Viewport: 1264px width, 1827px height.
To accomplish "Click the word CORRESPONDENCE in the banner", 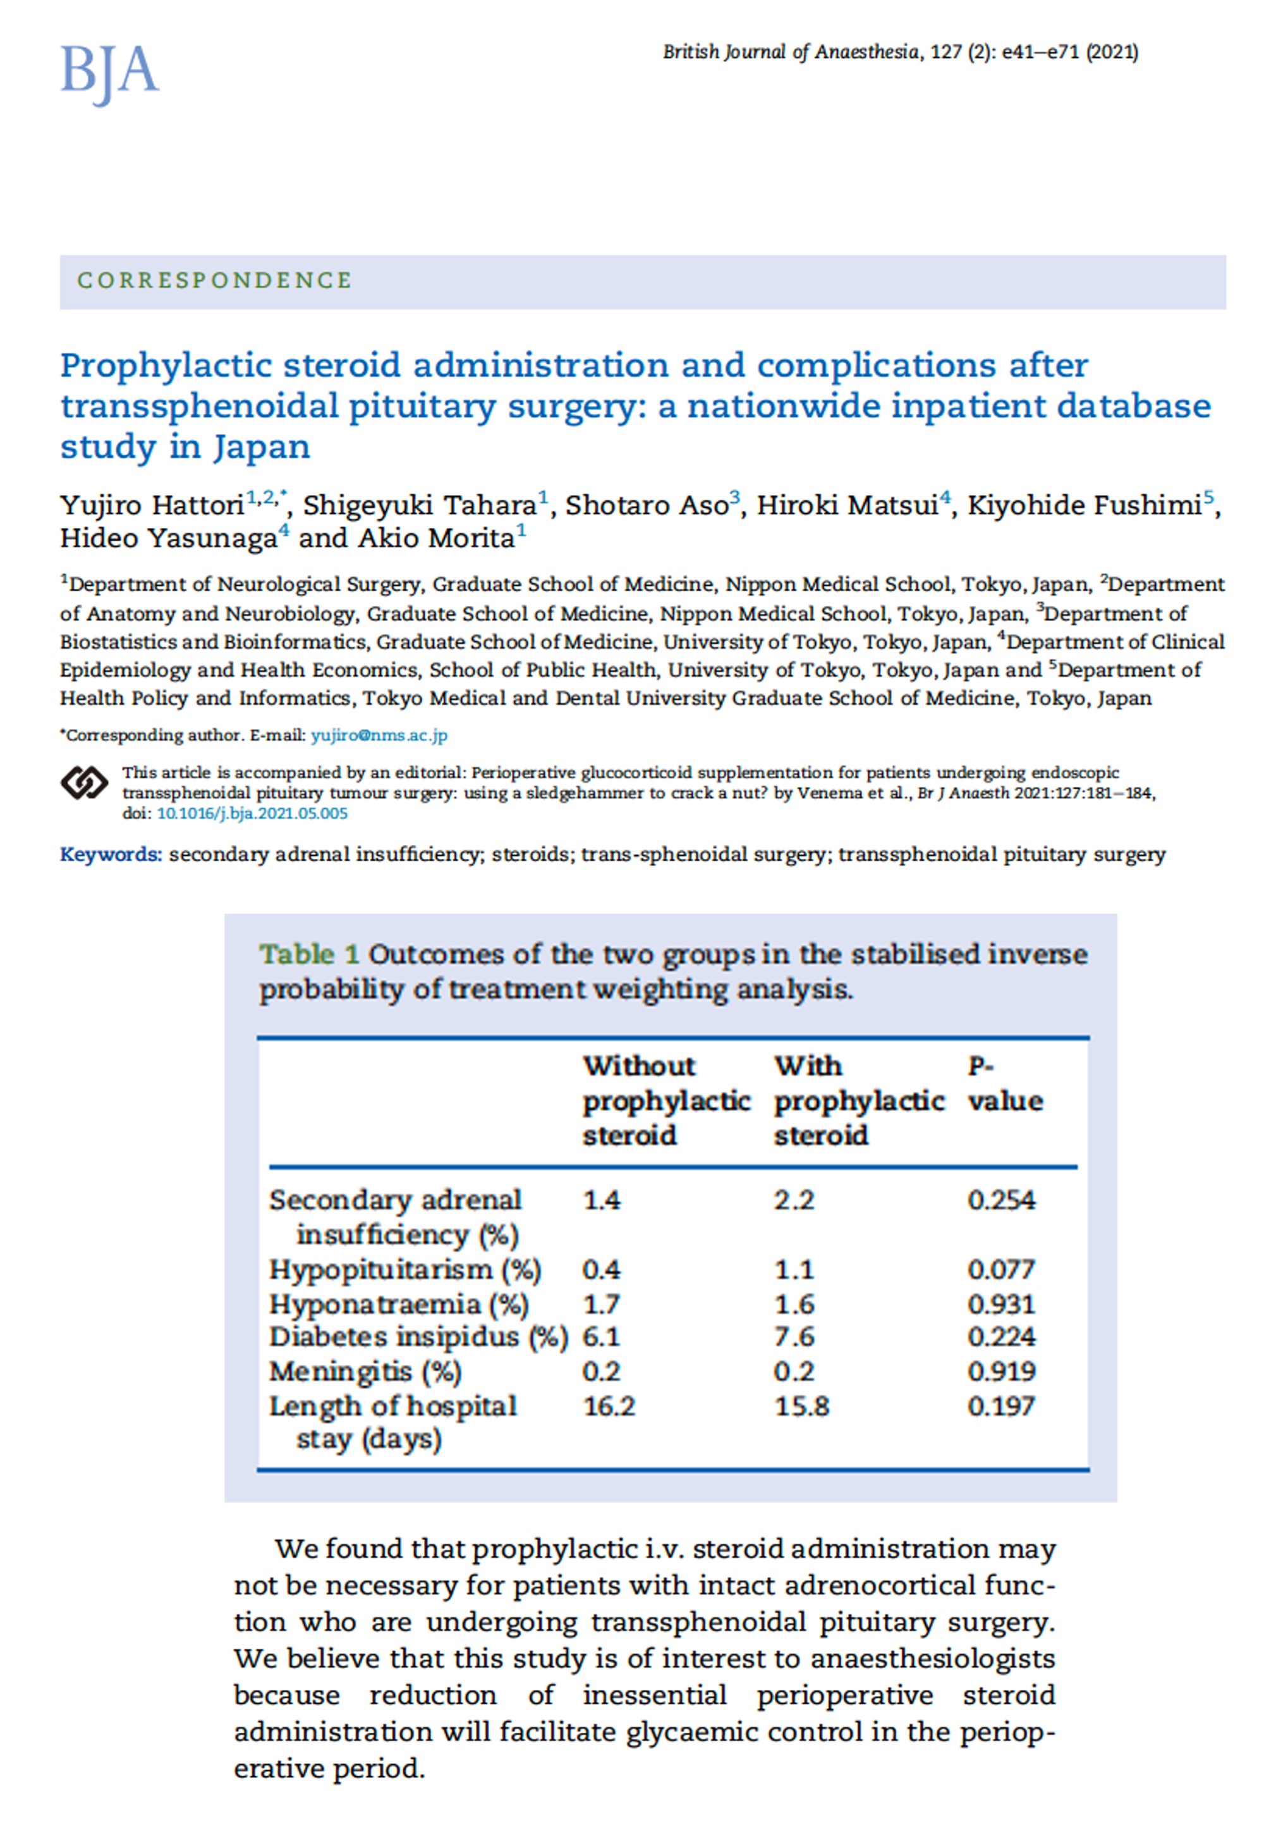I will pyautogui.click(x=214, y=280).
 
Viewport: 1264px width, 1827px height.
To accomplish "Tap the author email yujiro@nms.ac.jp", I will pyautogui.click(x=379, y=735).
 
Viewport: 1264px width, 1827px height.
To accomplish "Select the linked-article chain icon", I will pyautogui.click(x=84, y=783).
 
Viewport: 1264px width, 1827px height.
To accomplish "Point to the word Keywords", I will pyautogui.click(x=111, y=855).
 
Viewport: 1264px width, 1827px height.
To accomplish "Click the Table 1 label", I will pyautogui.click(x=309, y=955).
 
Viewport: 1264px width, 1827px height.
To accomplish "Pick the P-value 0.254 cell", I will pyautogui.click(x=1001, y=1200).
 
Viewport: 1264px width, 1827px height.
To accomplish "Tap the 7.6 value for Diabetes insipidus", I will pyautogui.click(x=794, y=1338).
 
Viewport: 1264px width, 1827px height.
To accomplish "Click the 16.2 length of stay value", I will pyautogui.click(x=609, y=1406).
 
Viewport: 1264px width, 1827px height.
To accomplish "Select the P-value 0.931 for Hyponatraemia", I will pyautogui.click(x=1001, y=1305).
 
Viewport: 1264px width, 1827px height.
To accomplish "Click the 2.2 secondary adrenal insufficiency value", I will pyautogui.click(x=794, y=1200).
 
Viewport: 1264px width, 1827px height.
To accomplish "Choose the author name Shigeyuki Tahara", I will pyautogui.click(x=420, y=505).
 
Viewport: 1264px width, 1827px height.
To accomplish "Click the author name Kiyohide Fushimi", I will pyautogui.click(x=1083, y=505).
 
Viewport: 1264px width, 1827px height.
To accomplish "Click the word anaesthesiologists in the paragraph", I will pyautogui.click(x=932, y=1658).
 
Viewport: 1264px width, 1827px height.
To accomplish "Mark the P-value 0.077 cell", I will pyautogui.click(x=1001, y=1270).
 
